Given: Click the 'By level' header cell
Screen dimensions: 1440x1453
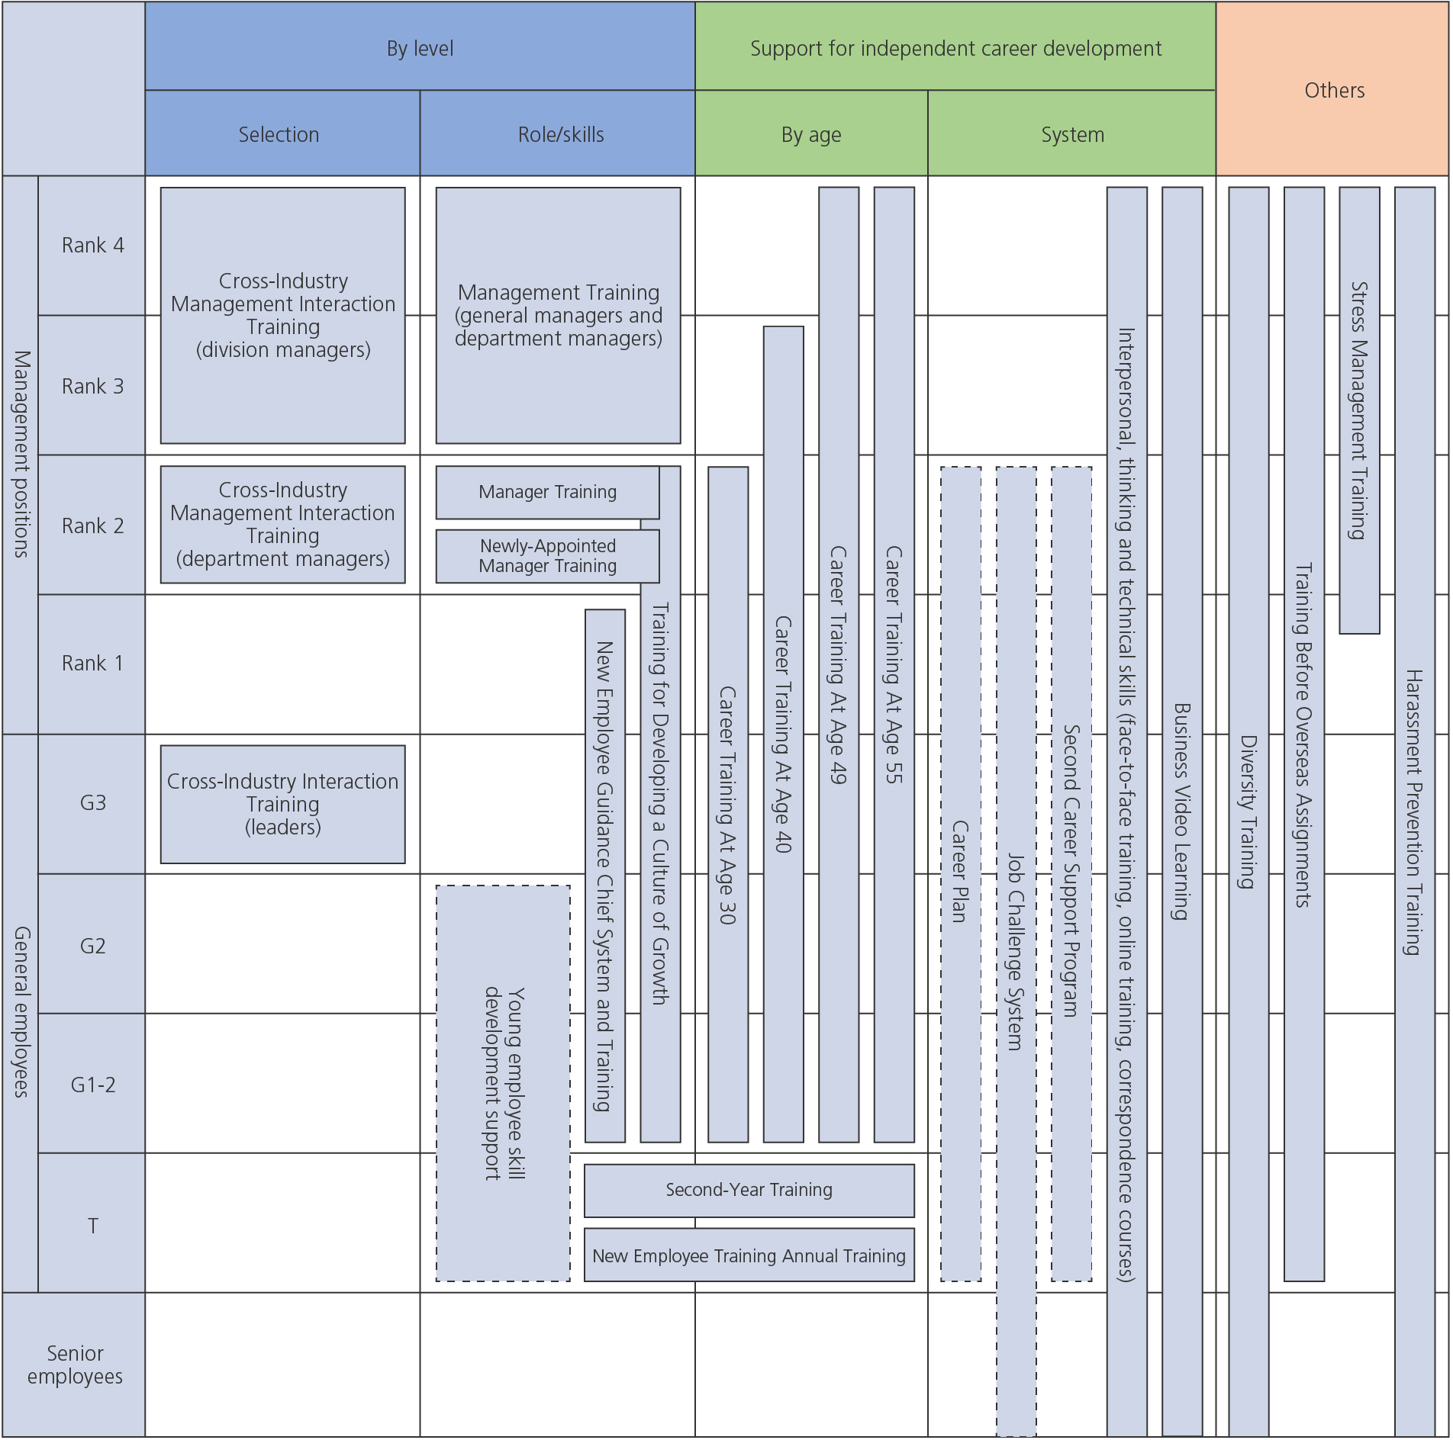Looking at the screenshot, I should pyautogui.click(x=420, y=48).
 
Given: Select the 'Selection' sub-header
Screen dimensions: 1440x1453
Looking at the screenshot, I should pyautogui.click(x=279, y=134).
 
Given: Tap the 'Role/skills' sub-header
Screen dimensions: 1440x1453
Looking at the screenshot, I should pyautogui.click(x=560, y=134).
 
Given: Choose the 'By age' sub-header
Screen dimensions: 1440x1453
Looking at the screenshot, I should pyautogui.click(x=811, y=134).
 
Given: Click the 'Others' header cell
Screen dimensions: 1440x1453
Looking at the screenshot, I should pyautogui.click(x=1334, y=90).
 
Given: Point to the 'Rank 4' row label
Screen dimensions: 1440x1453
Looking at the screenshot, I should pyautogui.click(x=92, y=246).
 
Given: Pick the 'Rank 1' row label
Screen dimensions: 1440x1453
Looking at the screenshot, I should pyautogui.click(x=92, y=664).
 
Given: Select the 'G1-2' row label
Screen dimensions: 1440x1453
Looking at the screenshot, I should pyautogui.click(x=92, y=1085).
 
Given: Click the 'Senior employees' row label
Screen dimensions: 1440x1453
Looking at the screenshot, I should pyautogui.click(x=75, y=1365).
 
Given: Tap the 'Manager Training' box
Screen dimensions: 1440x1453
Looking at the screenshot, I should pyautogui.click(x=547, y=492).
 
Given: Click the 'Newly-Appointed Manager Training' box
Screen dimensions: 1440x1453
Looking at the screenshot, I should pyautogui.click(x=547, y=556).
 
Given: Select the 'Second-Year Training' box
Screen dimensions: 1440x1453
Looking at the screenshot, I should pyautogui.click(x=749, y=1190).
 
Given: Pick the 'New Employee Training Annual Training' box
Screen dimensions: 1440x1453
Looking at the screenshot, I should pyautogui.click(x=749, y=1255).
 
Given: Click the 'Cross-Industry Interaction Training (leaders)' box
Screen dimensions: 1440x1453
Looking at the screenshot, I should pyautogui.click(x=282, y=804).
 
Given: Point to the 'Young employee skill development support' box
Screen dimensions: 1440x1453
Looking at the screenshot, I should pyautogui.click(x=503, y=1083).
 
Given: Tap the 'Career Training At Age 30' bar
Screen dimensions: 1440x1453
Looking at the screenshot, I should pyautogui.click(x=728, y=805).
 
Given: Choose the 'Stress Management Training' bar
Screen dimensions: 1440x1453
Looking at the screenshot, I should pyautogui.click(x=1359, y=410).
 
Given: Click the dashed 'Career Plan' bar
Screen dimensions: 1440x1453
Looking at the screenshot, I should pyautogui.click(x=961, y=873).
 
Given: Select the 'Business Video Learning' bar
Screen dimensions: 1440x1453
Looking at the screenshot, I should pyautogui.click(x=1182, y=811).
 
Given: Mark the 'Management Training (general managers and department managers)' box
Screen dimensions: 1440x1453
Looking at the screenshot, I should pyautogui.click(x=558, y=315).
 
